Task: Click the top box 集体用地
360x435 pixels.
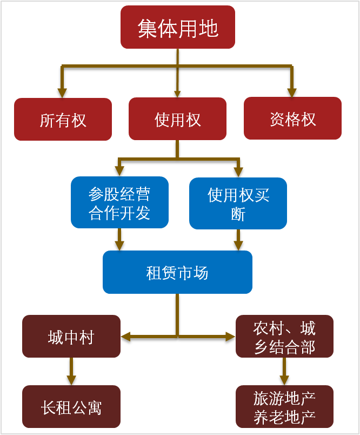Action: click(x=178, y=27)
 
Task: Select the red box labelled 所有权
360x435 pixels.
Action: click(x=63, y=119)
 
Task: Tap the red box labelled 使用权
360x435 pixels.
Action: click(x=178, y=119)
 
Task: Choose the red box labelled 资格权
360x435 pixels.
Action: click(x=292, y=119)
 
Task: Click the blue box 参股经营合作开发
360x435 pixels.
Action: click(x=119, y=203)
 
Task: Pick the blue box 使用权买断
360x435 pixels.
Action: click(x=238, y=203)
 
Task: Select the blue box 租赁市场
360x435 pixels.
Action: click(x=177, y=272)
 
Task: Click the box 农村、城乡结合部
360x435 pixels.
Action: click(x=284, y=337)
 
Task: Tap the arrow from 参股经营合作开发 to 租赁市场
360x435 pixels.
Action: click(x=119, y=239)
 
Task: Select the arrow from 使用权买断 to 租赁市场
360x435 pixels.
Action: click(x=238, y=240)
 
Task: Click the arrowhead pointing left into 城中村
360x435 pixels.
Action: click(x=126, y=337)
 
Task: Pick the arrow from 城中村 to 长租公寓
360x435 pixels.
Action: click(x=71, y=372)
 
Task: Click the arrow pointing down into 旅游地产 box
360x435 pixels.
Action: click(x=284, y=372)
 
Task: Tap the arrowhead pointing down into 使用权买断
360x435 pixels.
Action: click(x=238, y=172)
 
